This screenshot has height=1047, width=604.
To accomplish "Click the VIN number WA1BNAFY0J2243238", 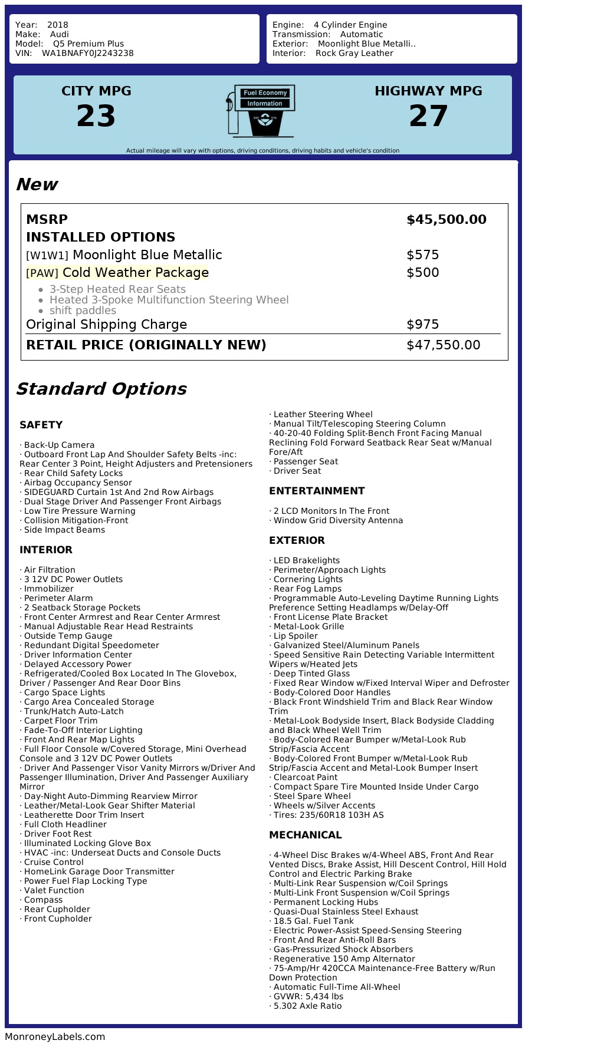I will pos(88,53).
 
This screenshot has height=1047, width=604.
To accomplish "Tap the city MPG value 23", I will pos(96,116).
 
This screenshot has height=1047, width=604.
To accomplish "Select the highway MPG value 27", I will pos(428,116).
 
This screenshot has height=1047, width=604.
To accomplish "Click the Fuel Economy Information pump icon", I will pos(260,111).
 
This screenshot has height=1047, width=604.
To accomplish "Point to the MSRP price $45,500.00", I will pos(447,220).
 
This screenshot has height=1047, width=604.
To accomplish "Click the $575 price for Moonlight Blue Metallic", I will pos(423,255).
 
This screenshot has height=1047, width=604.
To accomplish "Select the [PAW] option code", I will pos(42,273).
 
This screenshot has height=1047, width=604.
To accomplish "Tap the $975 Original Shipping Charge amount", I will pos(423,325).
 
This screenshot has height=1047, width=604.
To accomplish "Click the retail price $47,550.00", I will pos(444,345).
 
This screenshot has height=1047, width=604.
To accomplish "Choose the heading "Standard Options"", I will pos(101,389).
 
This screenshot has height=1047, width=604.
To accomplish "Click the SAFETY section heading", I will pos(41,425).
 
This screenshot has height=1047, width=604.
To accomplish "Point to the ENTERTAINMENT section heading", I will pos(317,491).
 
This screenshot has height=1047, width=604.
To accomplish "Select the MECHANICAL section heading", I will pos(305,835).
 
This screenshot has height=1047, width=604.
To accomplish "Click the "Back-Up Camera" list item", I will pos(59,445).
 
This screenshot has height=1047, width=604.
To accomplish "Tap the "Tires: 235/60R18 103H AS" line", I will pos(328,815).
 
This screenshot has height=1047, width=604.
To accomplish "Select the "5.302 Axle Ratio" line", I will pos(307,1006).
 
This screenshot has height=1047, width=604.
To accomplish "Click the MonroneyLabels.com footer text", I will pos(55,1036).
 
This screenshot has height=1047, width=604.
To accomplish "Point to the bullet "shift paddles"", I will pos(83,311).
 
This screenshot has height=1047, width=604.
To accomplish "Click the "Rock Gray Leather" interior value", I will pos(354,53).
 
